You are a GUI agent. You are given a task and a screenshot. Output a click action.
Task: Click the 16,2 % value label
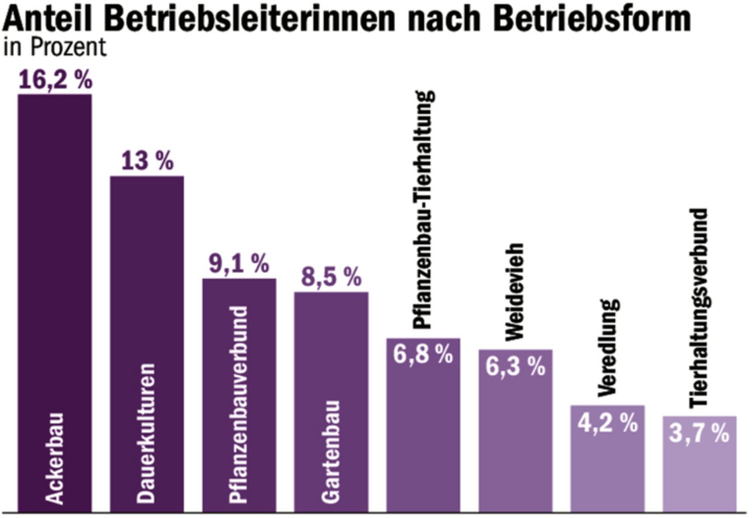pos(55,80)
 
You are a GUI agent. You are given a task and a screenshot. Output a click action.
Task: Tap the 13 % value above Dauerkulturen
pos(147,160)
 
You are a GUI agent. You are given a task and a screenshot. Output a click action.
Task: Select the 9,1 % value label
pos(238,264)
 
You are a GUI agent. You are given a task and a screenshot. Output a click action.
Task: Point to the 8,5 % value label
pos(331,277)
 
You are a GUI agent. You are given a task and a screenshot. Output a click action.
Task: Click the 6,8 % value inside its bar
pos(423,354)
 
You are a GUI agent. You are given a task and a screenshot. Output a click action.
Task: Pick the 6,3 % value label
pos(515,366)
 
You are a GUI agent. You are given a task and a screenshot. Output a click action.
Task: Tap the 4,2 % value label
pos(608,422)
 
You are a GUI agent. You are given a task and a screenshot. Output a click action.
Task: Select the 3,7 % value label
pos(699,433)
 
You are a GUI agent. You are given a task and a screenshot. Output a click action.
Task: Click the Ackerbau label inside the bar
pos(55,458)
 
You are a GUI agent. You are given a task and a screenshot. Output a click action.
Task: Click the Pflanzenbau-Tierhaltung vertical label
pos(423,209)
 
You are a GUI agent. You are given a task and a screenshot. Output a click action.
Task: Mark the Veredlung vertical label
pos(608,347)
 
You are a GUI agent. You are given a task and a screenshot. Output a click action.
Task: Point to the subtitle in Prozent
pos(55,47)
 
